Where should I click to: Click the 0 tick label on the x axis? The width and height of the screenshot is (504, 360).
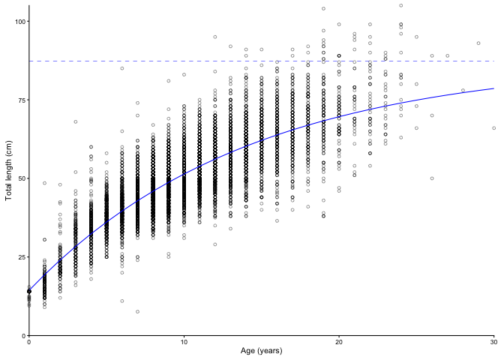(x=29, y=343)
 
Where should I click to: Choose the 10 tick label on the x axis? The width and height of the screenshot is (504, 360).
(x=184, y=343)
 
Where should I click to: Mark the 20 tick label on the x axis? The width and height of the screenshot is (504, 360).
(x=339, y=343)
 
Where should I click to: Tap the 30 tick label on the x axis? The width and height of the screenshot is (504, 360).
(x=493, y=343)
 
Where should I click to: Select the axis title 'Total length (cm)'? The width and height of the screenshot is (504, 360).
(x=8, y=171)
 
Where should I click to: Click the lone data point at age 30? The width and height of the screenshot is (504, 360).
(x=494, y=128)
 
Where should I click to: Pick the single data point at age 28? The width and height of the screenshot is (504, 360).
(x=463, y=90)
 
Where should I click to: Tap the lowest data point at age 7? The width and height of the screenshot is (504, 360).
(x=137, y=311)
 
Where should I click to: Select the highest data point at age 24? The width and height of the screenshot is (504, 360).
(x=401, y=5)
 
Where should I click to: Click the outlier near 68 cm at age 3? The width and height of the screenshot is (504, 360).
(x=76, y=121)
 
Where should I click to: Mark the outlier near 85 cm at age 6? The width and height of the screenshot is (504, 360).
(x=122, y=68)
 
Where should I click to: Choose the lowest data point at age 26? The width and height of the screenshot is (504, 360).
(x=432, y=178)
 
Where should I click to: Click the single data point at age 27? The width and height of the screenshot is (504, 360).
(x=448, y=55)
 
